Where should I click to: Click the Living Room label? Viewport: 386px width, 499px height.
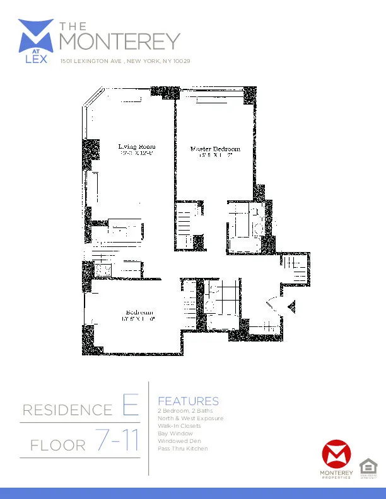tap(136, 147)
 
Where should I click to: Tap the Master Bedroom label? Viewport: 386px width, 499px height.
tap(212, 149)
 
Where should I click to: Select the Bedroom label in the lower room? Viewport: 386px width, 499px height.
tap(139, 313)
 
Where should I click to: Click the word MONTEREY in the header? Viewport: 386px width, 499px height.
tap(119, 42)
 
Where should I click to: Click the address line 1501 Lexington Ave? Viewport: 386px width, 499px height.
tap(125, 62)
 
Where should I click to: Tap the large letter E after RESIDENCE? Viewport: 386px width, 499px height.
tap(130, 406)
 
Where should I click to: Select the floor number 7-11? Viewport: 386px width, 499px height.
tap(118, 442)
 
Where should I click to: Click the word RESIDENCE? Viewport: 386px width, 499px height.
tap(67, 411)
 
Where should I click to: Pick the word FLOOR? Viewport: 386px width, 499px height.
tap(58, 446)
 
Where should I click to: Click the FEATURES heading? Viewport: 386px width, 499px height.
tap(188, 401)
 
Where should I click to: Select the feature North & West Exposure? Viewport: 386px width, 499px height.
tap(190, 418)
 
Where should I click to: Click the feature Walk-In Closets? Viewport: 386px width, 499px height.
tap(179, 426)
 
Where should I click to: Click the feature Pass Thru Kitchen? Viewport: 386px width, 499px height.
tap(182, 449)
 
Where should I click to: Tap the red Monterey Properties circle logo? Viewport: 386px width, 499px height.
tap(336, 454)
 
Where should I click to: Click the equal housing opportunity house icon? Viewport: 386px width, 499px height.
tap(366, 467)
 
